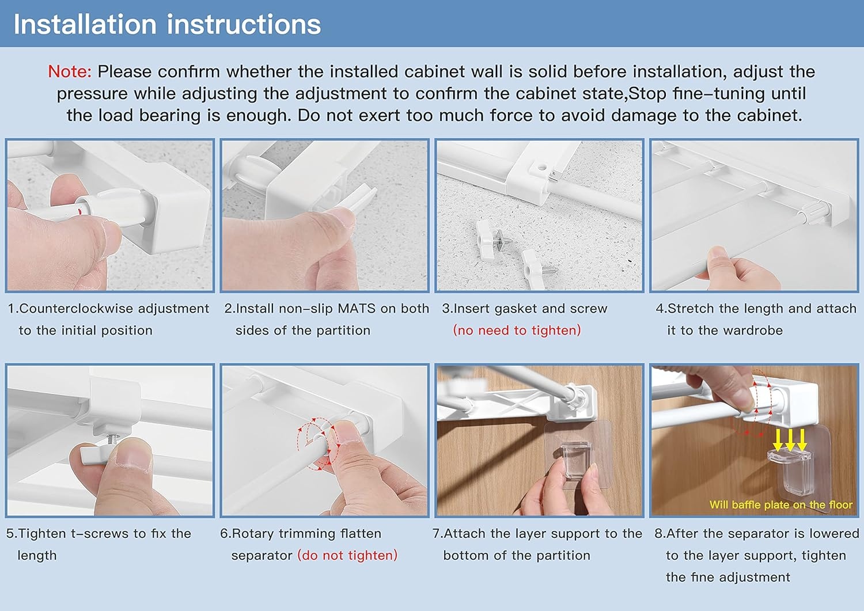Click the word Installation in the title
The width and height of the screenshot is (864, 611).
85,24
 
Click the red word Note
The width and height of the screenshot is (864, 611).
70,72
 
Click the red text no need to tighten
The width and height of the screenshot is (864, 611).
517,331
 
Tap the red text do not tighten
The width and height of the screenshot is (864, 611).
347,556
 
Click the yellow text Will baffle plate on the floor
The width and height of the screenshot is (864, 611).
781,504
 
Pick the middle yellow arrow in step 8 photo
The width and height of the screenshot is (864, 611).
790,440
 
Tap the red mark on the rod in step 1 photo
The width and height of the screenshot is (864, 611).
79,211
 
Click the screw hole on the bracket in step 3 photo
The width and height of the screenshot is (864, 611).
542,168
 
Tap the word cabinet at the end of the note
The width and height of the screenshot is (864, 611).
768,115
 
